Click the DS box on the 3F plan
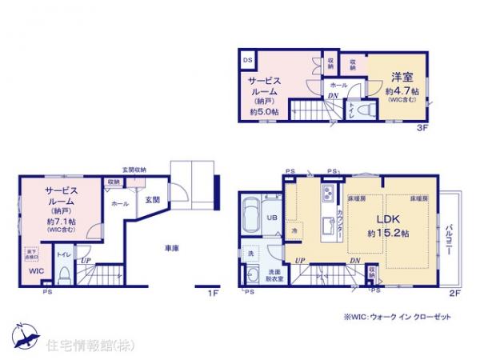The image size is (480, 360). pos(248,58)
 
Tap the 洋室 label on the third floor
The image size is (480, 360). pos(401,78)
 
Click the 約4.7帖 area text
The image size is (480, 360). pos(401,90)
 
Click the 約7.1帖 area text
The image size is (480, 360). pos(61,221)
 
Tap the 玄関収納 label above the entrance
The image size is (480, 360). pos(134,170)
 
